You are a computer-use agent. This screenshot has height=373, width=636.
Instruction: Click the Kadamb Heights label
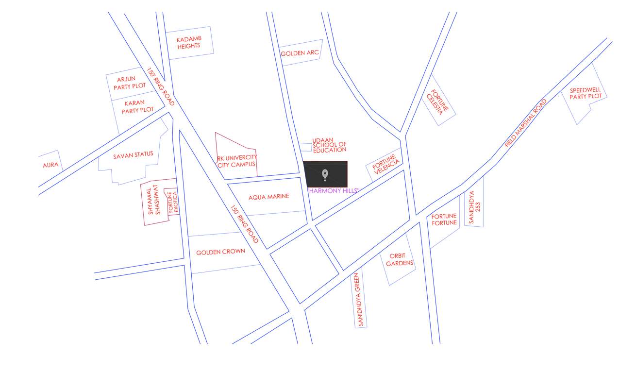(189, 42)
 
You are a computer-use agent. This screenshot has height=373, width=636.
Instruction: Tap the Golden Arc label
(300, 53)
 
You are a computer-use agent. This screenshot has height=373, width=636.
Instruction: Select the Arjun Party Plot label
(129, 83)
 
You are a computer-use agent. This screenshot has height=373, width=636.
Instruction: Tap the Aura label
(50, 165)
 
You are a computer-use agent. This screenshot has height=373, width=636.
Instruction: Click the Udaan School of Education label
(329, 145)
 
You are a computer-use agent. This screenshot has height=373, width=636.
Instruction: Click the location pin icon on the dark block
(325, 175)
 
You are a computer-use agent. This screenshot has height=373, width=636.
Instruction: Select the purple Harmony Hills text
(333, 191)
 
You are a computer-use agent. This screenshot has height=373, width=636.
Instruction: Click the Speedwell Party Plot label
(586, 93)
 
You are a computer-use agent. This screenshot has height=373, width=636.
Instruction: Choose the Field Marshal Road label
(526, 123)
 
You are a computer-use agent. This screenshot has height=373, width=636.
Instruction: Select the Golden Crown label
(220, 252)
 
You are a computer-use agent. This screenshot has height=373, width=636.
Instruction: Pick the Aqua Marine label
(268, 197)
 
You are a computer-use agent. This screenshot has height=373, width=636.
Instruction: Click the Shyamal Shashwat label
(154, 200)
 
